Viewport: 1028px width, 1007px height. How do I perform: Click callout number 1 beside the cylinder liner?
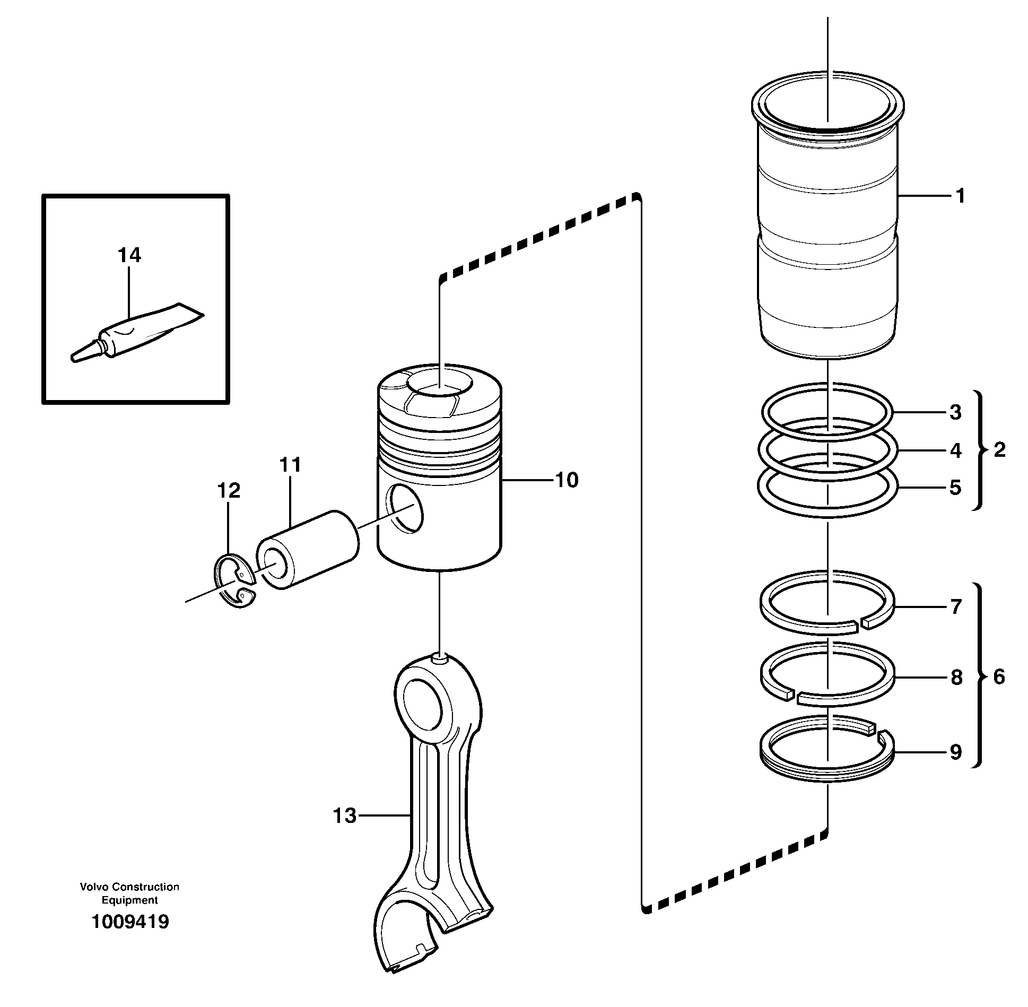(960, 197)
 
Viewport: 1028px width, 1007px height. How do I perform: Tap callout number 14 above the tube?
(129, 255)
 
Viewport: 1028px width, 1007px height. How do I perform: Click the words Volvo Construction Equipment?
(130, 893)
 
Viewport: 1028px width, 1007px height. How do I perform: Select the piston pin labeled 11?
(308, 549)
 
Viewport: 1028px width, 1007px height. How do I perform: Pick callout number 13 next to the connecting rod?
(345, 815)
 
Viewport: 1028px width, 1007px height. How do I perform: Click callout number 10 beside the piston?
(567, 480)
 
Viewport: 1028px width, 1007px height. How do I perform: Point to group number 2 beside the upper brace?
(999, 450)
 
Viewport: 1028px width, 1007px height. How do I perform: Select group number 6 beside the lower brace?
(999, 677)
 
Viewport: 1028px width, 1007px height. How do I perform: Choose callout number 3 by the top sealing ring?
(955, 412)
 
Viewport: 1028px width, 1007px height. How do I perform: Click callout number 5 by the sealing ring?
(955, 488)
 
